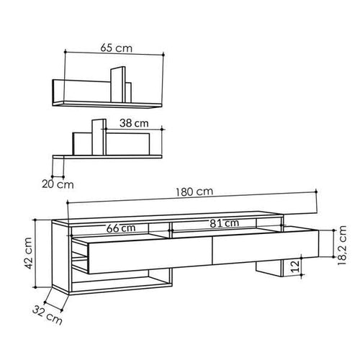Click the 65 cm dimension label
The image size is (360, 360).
point(115,47)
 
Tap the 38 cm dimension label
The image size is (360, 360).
point(134,122)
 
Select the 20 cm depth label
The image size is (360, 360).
point(50,184)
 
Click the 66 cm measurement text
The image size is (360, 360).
point(120,227)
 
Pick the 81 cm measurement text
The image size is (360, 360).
point(225,223)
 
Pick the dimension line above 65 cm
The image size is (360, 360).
point(115,55)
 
